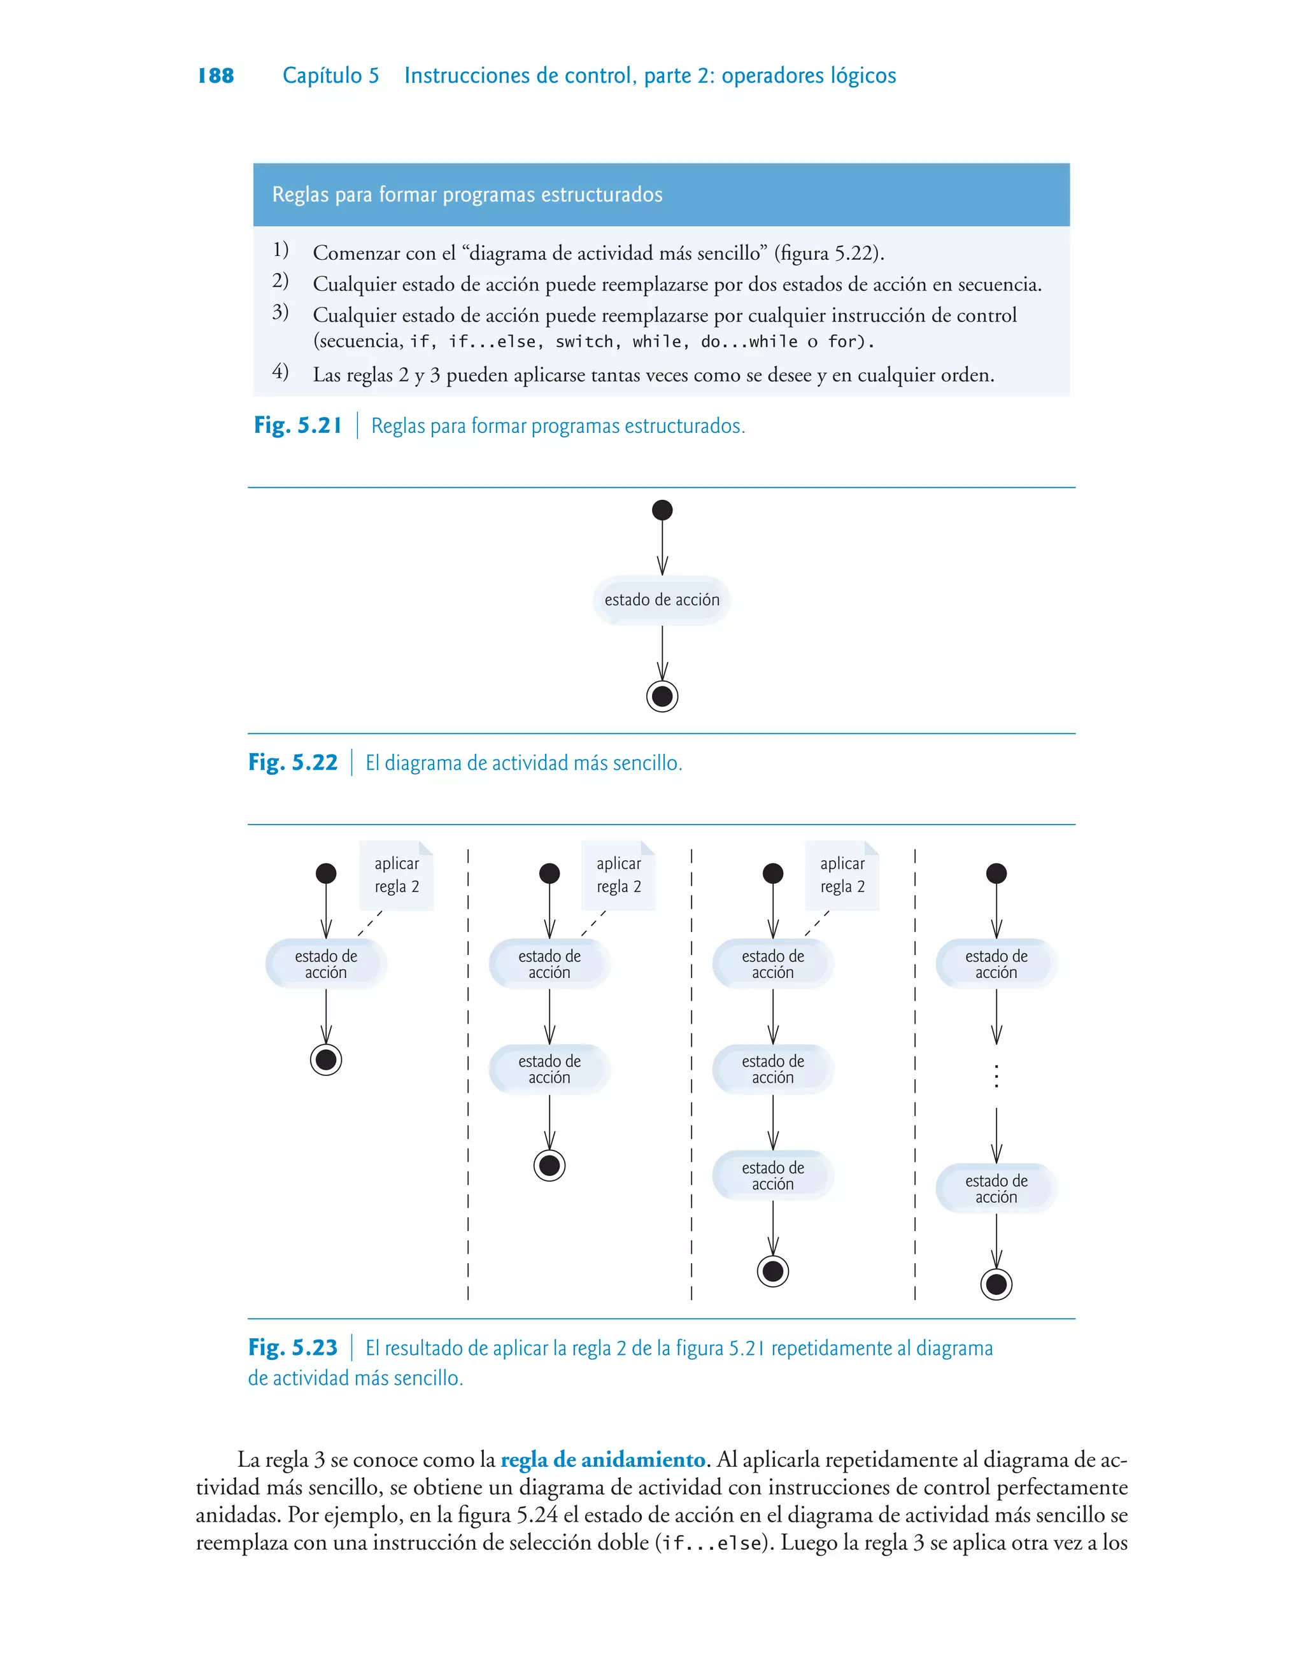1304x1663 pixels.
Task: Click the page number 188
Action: [215, 76]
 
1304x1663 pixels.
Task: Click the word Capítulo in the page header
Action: [322, 76]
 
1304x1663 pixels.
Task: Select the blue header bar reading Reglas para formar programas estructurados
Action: [661, 195]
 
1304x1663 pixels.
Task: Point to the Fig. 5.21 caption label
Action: [298, 425]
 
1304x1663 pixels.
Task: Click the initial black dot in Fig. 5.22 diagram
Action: [662, 510]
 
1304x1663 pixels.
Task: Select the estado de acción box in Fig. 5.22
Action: [662, 600]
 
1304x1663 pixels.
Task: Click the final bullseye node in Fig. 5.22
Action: [662, 696]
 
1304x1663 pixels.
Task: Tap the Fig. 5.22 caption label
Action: [292, 763]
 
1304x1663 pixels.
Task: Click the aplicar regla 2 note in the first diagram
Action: [396, 875]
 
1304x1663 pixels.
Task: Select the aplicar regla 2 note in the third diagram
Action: [842, 875]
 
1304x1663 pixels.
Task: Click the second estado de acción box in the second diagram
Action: [549, 1069]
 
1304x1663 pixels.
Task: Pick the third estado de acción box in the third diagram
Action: [772, 1175]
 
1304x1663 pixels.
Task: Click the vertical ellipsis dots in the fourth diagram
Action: [996, 1076]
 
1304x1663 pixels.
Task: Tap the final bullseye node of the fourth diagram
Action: [996, 1284]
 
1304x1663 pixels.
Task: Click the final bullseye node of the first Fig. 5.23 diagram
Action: [326, 1059]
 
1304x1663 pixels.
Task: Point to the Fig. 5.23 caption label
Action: [292, 1348]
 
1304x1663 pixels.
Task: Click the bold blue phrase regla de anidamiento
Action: [602, 1460]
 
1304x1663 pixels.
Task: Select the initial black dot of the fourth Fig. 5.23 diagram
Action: [996, 873]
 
